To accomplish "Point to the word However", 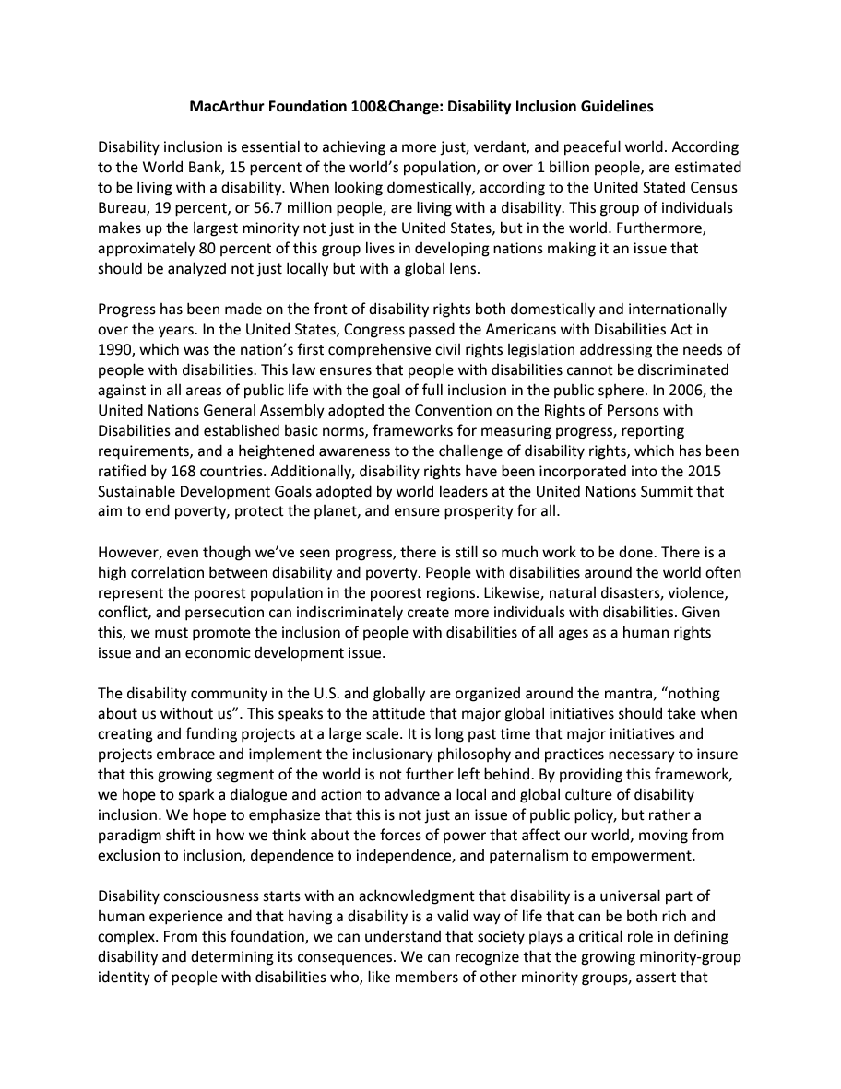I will (x=129, y=553).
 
